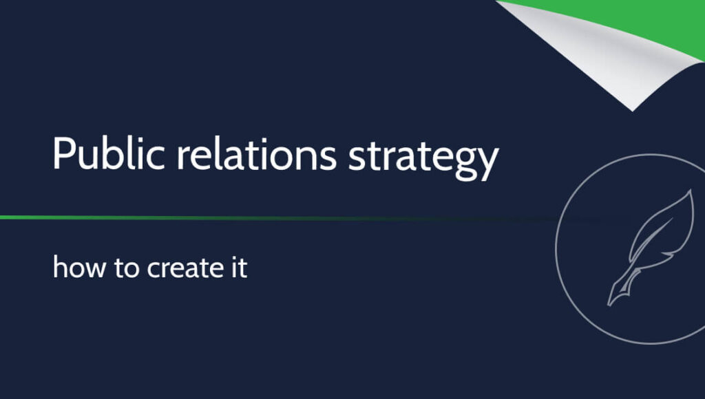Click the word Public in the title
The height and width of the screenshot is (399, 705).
(108, 153)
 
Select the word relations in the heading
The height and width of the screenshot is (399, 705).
(256, 153)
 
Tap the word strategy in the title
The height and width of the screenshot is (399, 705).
(423, 158)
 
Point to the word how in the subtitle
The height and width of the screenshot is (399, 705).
(79, 268)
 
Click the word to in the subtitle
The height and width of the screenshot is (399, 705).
(127, 268)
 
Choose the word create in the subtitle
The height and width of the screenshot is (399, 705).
(185, 268)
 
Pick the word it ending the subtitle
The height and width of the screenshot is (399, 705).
(239, 268)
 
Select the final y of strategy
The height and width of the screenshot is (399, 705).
(489, 164)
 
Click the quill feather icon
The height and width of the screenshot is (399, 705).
(650, 248)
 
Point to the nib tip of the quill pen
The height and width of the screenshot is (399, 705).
(609, 305)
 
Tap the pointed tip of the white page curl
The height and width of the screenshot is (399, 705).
(633, 111)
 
